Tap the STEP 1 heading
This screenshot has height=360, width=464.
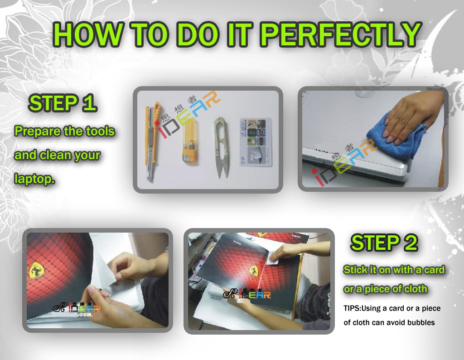[x=63, y=103]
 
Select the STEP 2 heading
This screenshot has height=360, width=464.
[x=384, y=243]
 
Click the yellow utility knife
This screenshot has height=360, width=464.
[x=152, y=141]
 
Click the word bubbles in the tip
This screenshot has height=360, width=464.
[x=420, y=322]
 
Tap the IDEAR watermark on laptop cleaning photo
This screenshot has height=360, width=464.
[x=344, y=163]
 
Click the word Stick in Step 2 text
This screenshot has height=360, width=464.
[x=355, y=270]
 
